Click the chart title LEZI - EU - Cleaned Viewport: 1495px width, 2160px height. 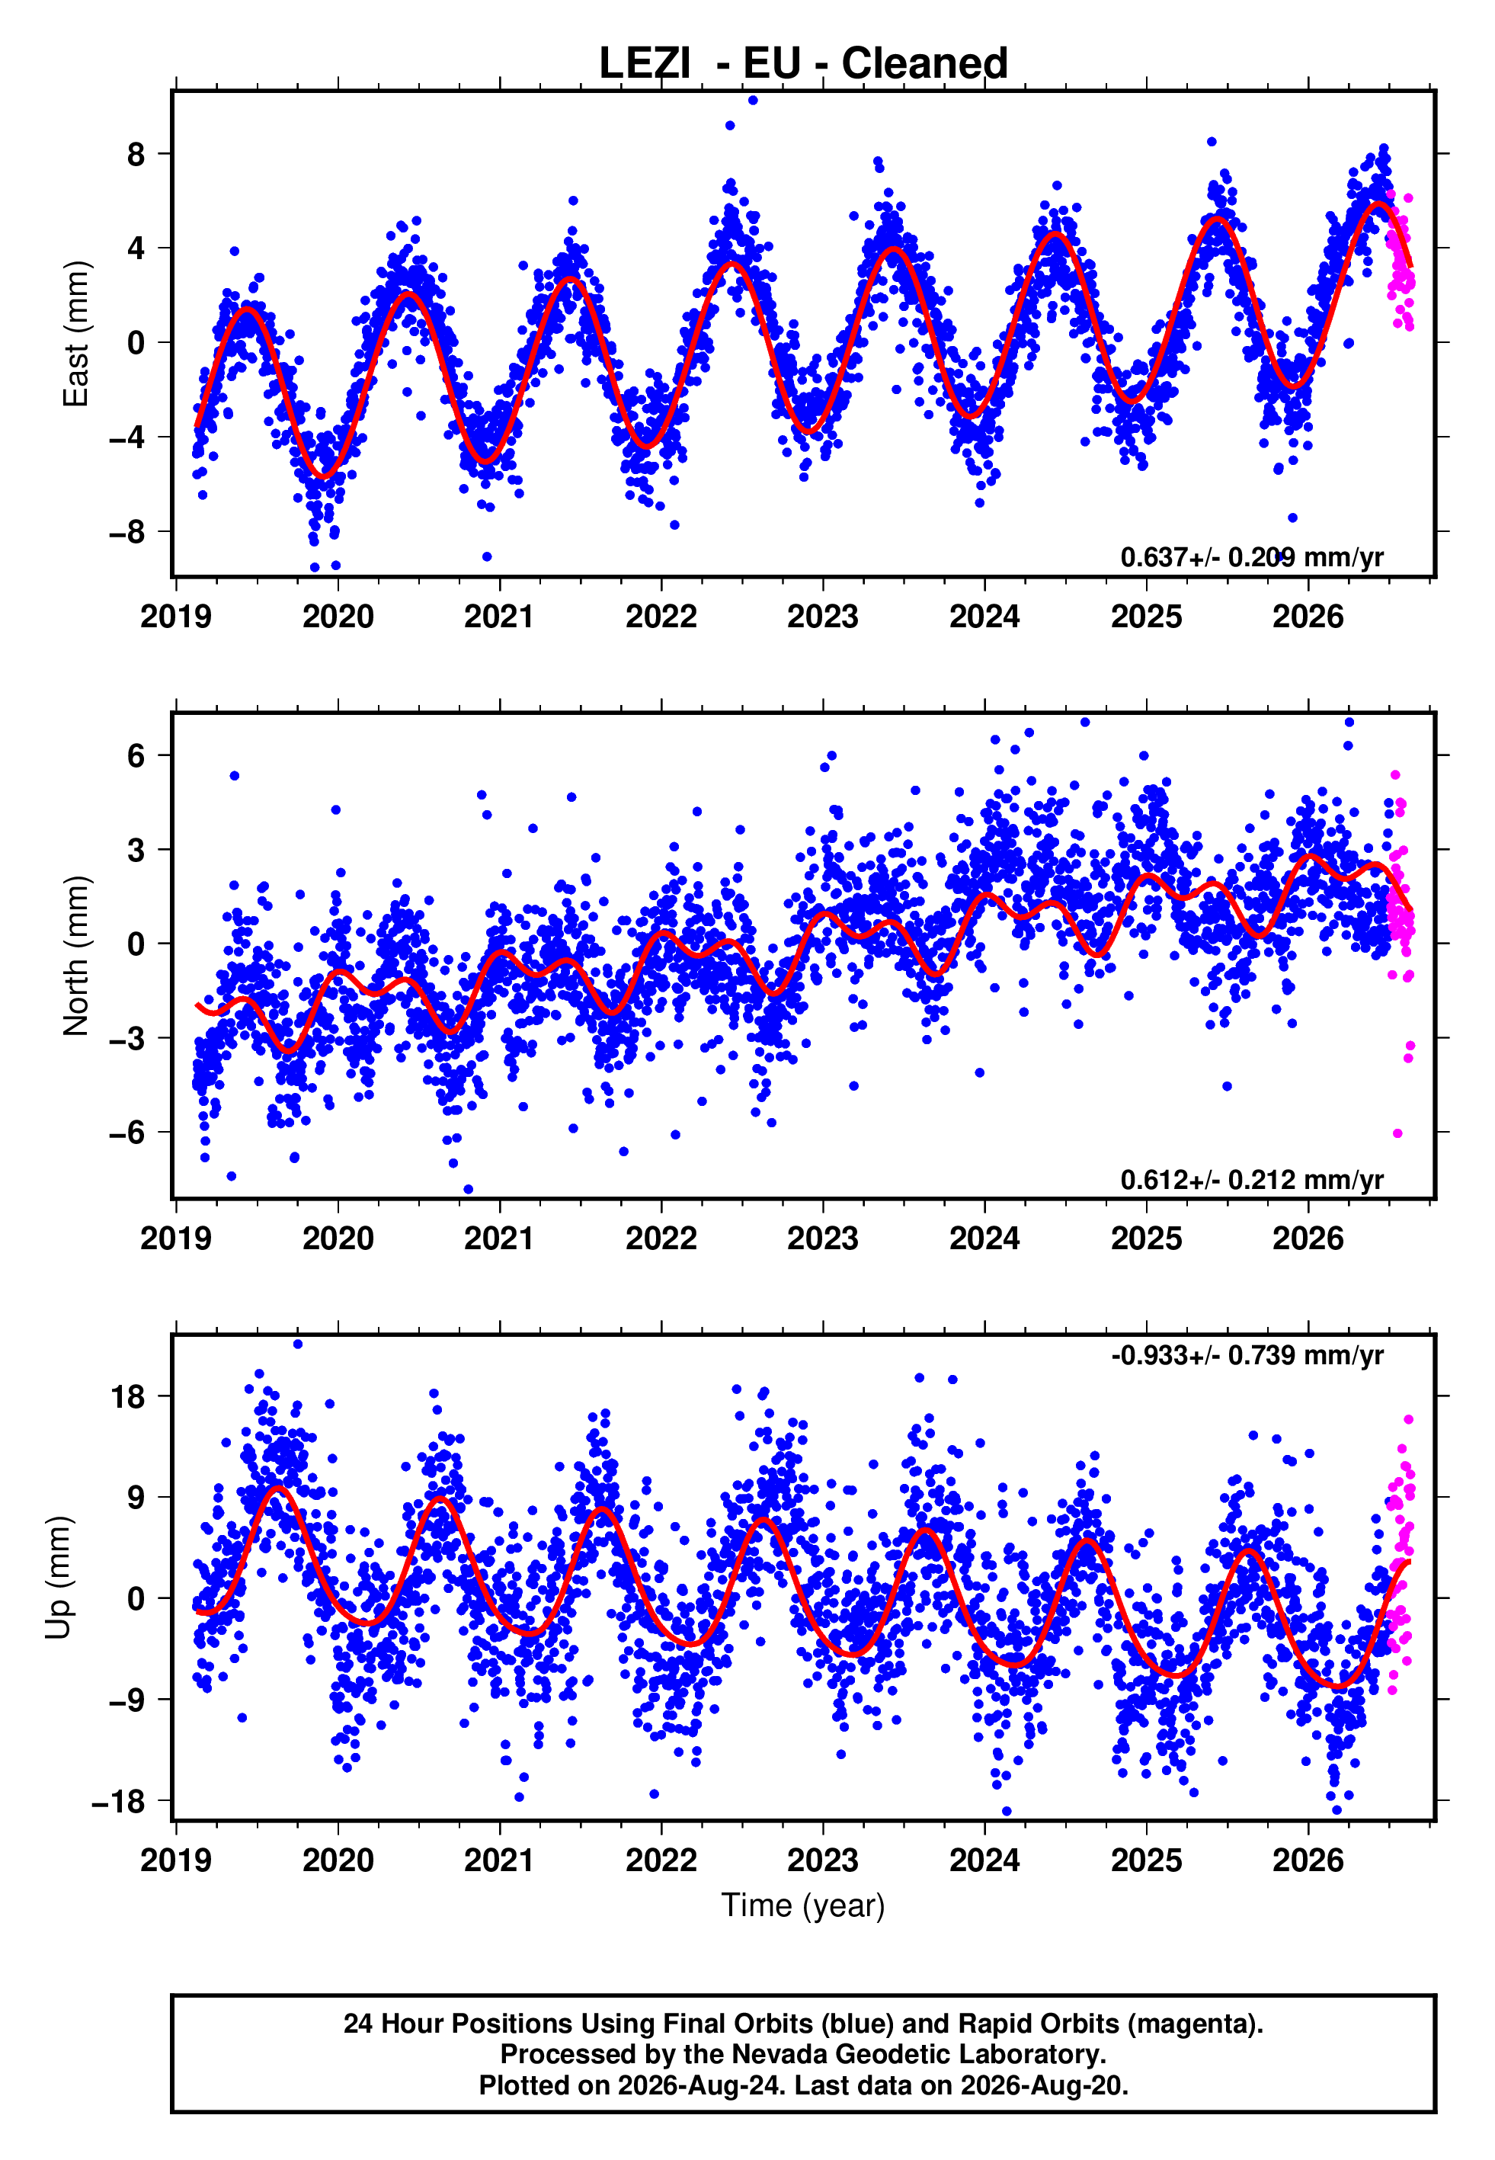803,64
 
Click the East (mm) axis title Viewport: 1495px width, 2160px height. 75,334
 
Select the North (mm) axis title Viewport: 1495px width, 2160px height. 75,956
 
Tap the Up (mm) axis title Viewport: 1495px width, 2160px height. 58,1578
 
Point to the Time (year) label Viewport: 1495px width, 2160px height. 803,1906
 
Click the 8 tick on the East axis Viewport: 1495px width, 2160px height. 136,154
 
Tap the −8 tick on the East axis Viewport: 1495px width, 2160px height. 127,532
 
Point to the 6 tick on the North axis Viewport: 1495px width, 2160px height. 136,755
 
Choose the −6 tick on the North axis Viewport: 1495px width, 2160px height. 127,1133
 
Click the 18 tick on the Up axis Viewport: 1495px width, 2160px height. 127,1396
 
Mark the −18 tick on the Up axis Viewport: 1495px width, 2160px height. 119,1801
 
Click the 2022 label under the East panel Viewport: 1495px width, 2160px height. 661,617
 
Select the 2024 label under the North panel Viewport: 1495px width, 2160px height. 984,1239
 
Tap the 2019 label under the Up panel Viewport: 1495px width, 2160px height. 176,1860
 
